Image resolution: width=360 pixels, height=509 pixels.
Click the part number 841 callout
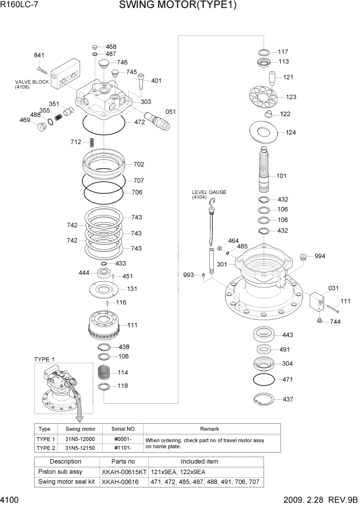click(39, 55)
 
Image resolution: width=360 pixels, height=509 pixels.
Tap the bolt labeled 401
click(141, 81)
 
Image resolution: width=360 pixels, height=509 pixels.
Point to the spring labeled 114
click(105, 371)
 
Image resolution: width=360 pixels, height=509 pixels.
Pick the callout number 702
click(138, 165)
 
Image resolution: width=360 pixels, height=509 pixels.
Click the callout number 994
click(319, 256)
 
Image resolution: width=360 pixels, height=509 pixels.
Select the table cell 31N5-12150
click(81, 448)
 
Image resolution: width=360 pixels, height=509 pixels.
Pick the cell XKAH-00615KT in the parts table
click(124, 472)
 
